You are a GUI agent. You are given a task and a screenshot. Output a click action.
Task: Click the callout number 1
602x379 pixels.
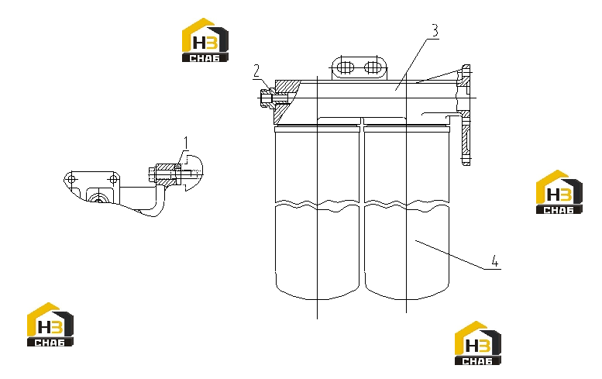pos(186,143)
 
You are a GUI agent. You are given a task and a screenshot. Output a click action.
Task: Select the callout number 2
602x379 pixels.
pos(256,71)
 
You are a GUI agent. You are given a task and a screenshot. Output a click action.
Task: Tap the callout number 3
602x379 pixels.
pos(434,30)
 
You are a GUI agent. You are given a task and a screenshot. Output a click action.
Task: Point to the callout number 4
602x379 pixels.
pos(495,261)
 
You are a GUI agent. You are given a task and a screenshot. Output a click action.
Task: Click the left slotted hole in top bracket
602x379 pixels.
pos(345,67)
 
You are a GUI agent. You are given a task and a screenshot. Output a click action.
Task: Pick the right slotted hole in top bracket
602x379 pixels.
pos(372,67)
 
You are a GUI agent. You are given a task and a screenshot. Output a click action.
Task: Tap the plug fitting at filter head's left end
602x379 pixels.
pos(267,98)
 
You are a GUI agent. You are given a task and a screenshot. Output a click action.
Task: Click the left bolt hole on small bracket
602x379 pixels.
pos(71,179)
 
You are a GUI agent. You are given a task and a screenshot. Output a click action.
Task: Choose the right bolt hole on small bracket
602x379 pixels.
pos(113,179)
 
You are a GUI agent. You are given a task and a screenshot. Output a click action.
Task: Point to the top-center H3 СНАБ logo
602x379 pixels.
pos(205,40)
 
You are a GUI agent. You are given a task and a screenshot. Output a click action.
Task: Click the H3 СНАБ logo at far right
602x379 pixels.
pos(559,191)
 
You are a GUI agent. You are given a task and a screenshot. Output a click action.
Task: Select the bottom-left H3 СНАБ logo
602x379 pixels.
pos(50,325)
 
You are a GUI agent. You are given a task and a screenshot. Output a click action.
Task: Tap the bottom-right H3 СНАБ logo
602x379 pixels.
pos(478,343)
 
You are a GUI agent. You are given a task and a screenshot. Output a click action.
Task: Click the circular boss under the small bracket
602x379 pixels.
pos(98,198)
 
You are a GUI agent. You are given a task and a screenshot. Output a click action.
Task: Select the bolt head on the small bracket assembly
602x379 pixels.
pos(152,174)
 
